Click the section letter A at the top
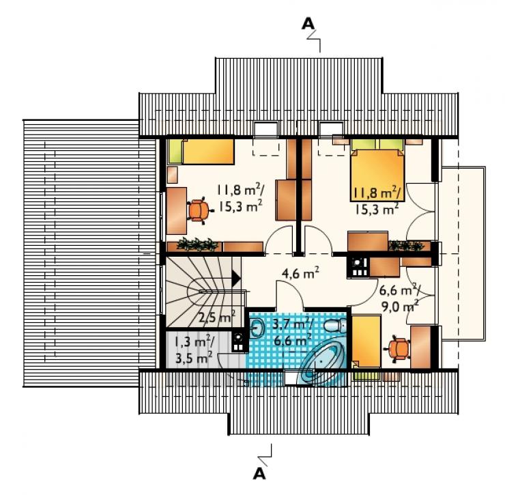click(308, 23)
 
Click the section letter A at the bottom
click(259, 473)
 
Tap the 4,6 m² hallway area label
click(300, 273)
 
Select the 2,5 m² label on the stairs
click(217, 317)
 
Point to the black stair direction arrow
click(236, 279)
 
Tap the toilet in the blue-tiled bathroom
click(335, 326)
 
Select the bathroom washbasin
click(257, 328)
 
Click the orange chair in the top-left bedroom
click(200, 210)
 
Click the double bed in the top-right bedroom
click(377, 171)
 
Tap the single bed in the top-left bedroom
click(201, 152)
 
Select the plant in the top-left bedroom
click(197, 244)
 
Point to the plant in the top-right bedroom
click(406, 246)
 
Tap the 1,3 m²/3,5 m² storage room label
click(192, 350)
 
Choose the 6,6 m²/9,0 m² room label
click(399, 298)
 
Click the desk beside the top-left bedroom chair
click(177, 211)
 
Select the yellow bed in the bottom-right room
click(366, 341)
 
